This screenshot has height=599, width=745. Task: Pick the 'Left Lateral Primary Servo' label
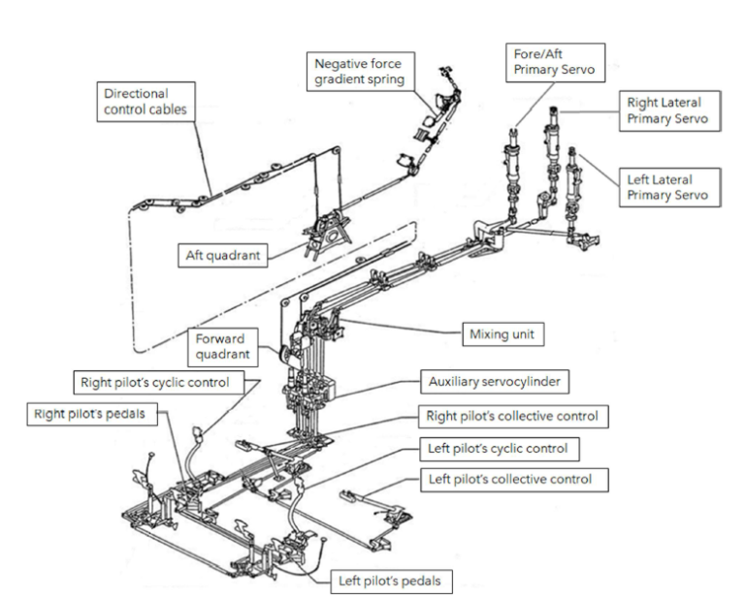[664, 185]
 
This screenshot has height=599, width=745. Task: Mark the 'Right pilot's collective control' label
[508, 416]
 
